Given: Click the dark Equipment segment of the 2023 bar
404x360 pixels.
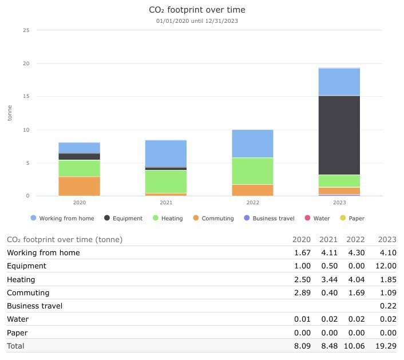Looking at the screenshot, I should [339, 135].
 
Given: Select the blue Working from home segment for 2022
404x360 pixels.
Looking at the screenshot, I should [252, 144].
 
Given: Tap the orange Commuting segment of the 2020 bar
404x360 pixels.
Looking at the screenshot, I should [79, 186].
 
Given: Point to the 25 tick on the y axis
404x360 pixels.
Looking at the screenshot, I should [25, 30].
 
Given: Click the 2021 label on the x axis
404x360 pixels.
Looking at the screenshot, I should [166, 203].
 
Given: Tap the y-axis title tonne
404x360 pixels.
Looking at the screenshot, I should [10, 113].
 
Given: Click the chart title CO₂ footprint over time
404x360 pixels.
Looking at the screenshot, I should [196, 10].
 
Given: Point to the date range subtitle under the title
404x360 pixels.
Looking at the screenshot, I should [196, 21].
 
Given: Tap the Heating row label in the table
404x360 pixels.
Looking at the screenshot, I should [21, 279].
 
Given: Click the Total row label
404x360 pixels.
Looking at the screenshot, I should [16, 346].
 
